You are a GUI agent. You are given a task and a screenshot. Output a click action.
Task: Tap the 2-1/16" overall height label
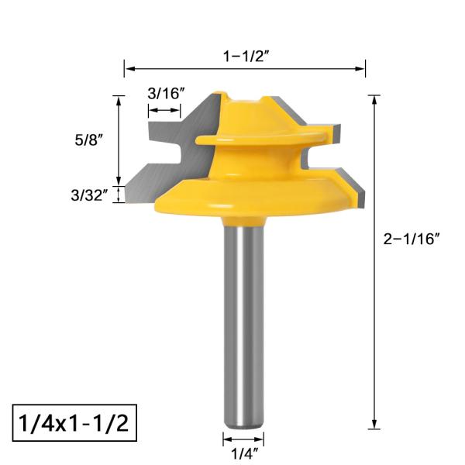pyautogui.click(x=412, y=239)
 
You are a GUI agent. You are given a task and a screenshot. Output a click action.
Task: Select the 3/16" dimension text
pyautogui.click(x=166, y=93)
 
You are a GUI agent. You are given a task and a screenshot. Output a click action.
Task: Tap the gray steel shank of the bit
pyautogui.click(x=243, y=325)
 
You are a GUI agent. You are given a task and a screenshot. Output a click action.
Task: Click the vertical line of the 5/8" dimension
pyautogui.click(x=119, y=139)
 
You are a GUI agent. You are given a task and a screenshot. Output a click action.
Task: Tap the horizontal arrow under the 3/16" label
pyautogui.click(x=164, y=113)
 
